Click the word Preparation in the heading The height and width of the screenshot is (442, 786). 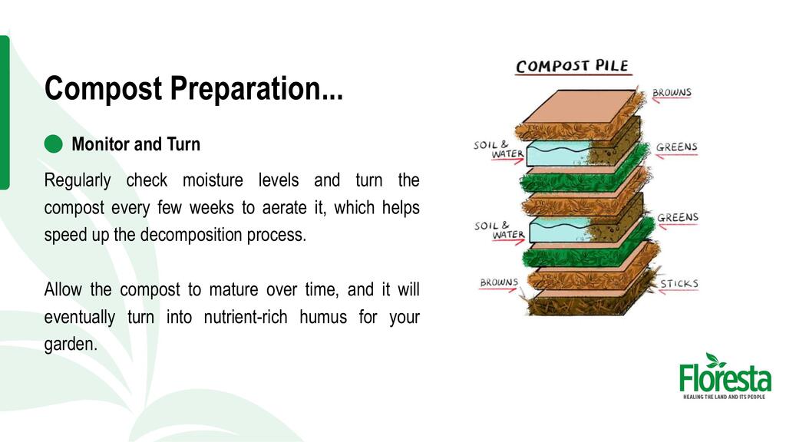tap(256, 89)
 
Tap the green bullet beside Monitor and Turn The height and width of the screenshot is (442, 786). tap(53, 143)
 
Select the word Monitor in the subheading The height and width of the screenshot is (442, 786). tap(100, 143)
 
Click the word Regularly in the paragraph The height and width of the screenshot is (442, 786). tap(78, 180)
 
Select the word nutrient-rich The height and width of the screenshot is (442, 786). tap(246, 317)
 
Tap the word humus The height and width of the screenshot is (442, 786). tap(323, 317)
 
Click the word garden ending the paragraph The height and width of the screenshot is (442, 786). tap(71, 345)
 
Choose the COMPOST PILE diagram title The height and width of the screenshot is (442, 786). tap(572, 66)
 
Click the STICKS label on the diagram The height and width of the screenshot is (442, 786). tap(679, 284)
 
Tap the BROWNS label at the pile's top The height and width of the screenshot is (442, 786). tap(672, 93)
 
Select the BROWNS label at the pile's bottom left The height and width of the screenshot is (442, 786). tap(499, 282)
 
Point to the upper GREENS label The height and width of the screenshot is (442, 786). tap(677, 147)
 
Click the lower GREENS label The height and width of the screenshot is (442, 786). tap(678, 217)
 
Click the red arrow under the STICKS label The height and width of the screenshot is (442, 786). tap(679, 291)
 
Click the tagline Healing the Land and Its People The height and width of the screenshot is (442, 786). tap(725, 397)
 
